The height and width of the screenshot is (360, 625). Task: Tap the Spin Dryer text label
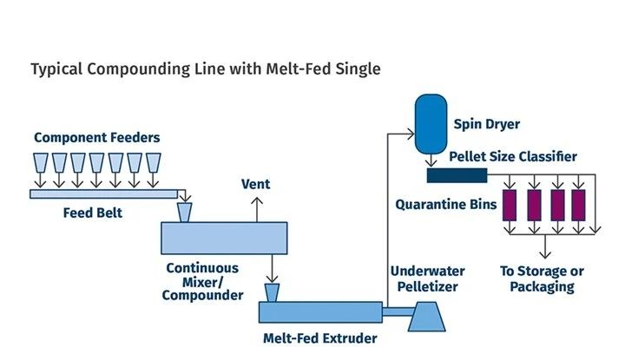point(488,124)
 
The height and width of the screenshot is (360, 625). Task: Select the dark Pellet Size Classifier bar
point(457,176)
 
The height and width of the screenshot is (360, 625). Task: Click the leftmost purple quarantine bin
point(510,206)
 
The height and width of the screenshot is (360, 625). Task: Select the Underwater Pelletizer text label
point(424,278)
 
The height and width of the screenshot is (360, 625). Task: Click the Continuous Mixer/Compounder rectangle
point(224,237)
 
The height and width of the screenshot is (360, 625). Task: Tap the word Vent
point(255,184)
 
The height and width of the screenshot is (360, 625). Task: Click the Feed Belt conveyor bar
point(109,193)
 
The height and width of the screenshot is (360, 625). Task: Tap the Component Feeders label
point(97,137)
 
